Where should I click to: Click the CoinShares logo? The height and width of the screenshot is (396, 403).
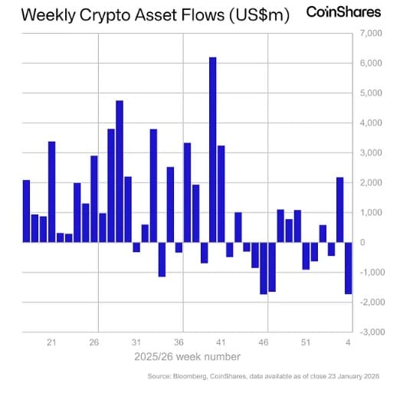click(344, 12)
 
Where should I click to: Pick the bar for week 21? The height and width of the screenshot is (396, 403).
click(52, 191)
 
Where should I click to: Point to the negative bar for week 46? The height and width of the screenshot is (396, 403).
click(264, 268)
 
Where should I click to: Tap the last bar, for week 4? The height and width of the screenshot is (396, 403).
click(348, 268)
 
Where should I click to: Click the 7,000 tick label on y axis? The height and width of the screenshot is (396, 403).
click(371, 34)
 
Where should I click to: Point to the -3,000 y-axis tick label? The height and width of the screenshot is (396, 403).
click(369, 332)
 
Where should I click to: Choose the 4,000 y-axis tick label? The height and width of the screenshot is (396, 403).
click(371, 123)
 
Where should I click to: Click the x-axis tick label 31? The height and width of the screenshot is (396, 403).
click(136, 342)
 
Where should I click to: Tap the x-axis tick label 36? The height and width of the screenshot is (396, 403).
click(179, 342)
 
